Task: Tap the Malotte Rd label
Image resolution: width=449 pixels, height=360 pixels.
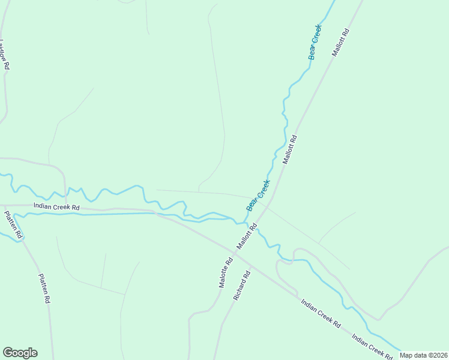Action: pyautogui.click(x=226, y=273)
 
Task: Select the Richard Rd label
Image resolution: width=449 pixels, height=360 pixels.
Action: pyautogui.click(x=242, y=285)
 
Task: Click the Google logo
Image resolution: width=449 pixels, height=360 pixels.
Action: pyautogui.click(x=20, y=353)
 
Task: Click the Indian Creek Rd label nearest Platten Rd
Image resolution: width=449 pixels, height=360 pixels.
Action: pyautogui.click(x=56, y=207)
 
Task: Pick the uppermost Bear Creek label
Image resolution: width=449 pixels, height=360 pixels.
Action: pyautogui.click(x=315, y=42)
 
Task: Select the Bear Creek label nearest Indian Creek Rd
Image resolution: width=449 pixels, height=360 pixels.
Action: pyautogui.click(x=258, y=195)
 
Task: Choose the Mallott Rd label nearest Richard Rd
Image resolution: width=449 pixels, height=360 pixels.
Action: pyautogui.click(x=247, y=236)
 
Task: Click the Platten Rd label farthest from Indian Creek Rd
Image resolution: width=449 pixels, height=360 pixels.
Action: pyautogui.click(x=44, y=290)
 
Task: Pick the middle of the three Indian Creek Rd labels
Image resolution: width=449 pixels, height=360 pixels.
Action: pyautogui.click(x=321, y=314)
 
